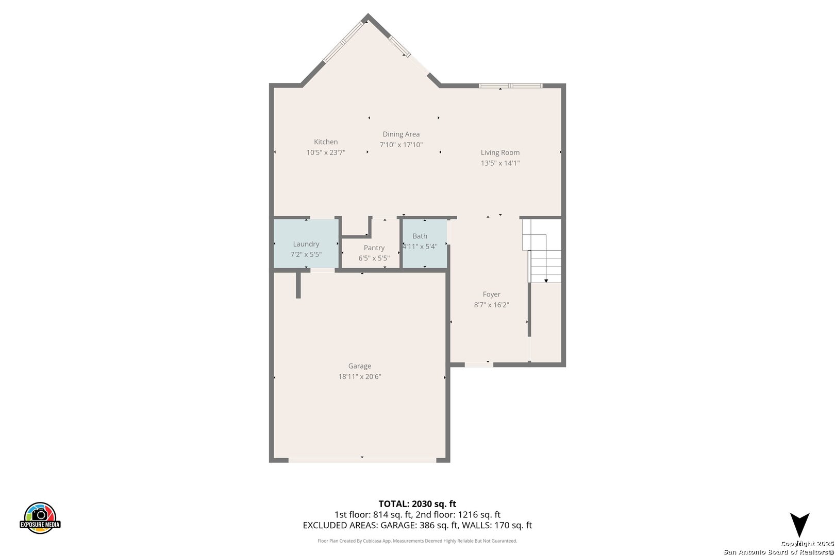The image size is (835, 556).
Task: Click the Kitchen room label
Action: click(x=326, y=142)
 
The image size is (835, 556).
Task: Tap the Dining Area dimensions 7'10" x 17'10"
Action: click(x=401, y=145)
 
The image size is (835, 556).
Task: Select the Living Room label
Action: click(x=500, y=152)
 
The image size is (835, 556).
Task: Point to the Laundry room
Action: click(x=306, y=244)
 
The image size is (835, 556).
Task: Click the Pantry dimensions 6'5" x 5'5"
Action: click(x=374, y=258)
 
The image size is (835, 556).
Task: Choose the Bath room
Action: click(x=425, y=244)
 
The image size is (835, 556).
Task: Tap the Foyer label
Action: click(x=491, y=294)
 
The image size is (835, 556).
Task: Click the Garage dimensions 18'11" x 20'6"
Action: click(x=360, y=376)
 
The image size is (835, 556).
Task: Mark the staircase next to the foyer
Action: click(x=542, y=251)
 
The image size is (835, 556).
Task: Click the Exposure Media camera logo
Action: click(x=40, y=517)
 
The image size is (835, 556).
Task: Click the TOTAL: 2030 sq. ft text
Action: click(x=417, y=504)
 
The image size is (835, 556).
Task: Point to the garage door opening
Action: click(x=362, y=460)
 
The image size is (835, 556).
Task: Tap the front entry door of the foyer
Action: click(x=479, y=364)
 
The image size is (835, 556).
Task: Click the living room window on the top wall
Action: click(x=510, y=85)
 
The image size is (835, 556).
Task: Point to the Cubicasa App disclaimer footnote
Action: click(x=417, y=541)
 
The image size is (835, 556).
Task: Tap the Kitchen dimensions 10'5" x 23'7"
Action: click(x=326, y=152)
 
